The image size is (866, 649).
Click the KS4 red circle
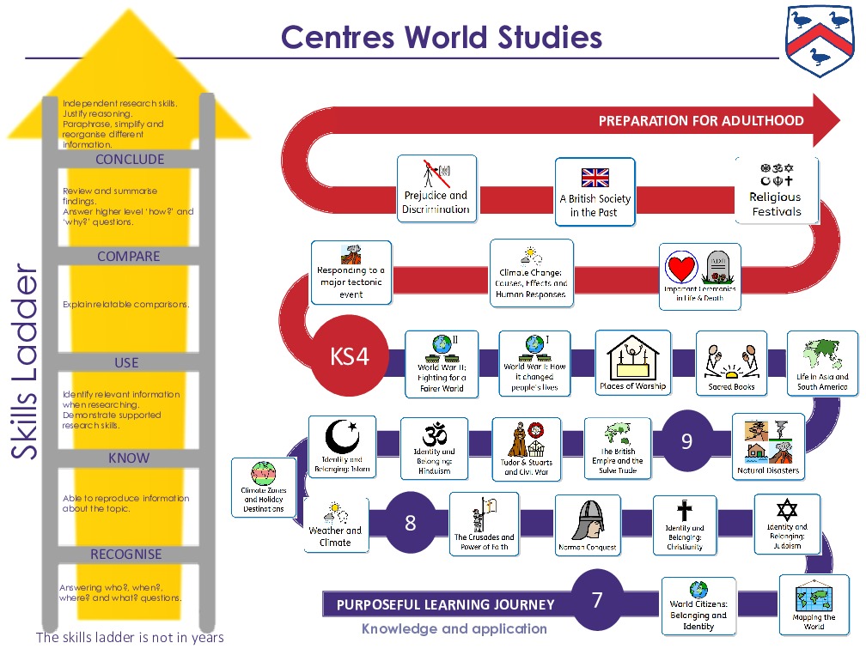pos(350,356)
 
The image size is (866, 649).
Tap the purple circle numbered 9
pos(686,441)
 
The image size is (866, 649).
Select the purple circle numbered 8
pos(410,523)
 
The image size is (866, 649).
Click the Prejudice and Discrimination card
pos(436,188)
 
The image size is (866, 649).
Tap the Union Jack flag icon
pos(595,178)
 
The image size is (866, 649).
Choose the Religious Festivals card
pos(776,190)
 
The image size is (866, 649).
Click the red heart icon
pos(680,269)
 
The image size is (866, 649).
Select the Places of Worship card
pos(632,362)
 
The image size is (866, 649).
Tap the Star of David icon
pos(787,510)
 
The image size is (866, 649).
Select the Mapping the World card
pos(814,604)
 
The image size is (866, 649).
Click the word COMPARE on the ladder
pos(128,257)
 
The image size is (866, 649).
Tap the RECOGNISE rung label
pos(128,555)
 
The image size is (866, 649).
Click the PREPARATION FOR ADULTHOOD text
pos(701,121)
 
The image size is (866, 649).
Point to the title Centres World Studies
pos(442,37)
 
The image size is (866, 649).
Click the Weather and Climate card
pos(335,525)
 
